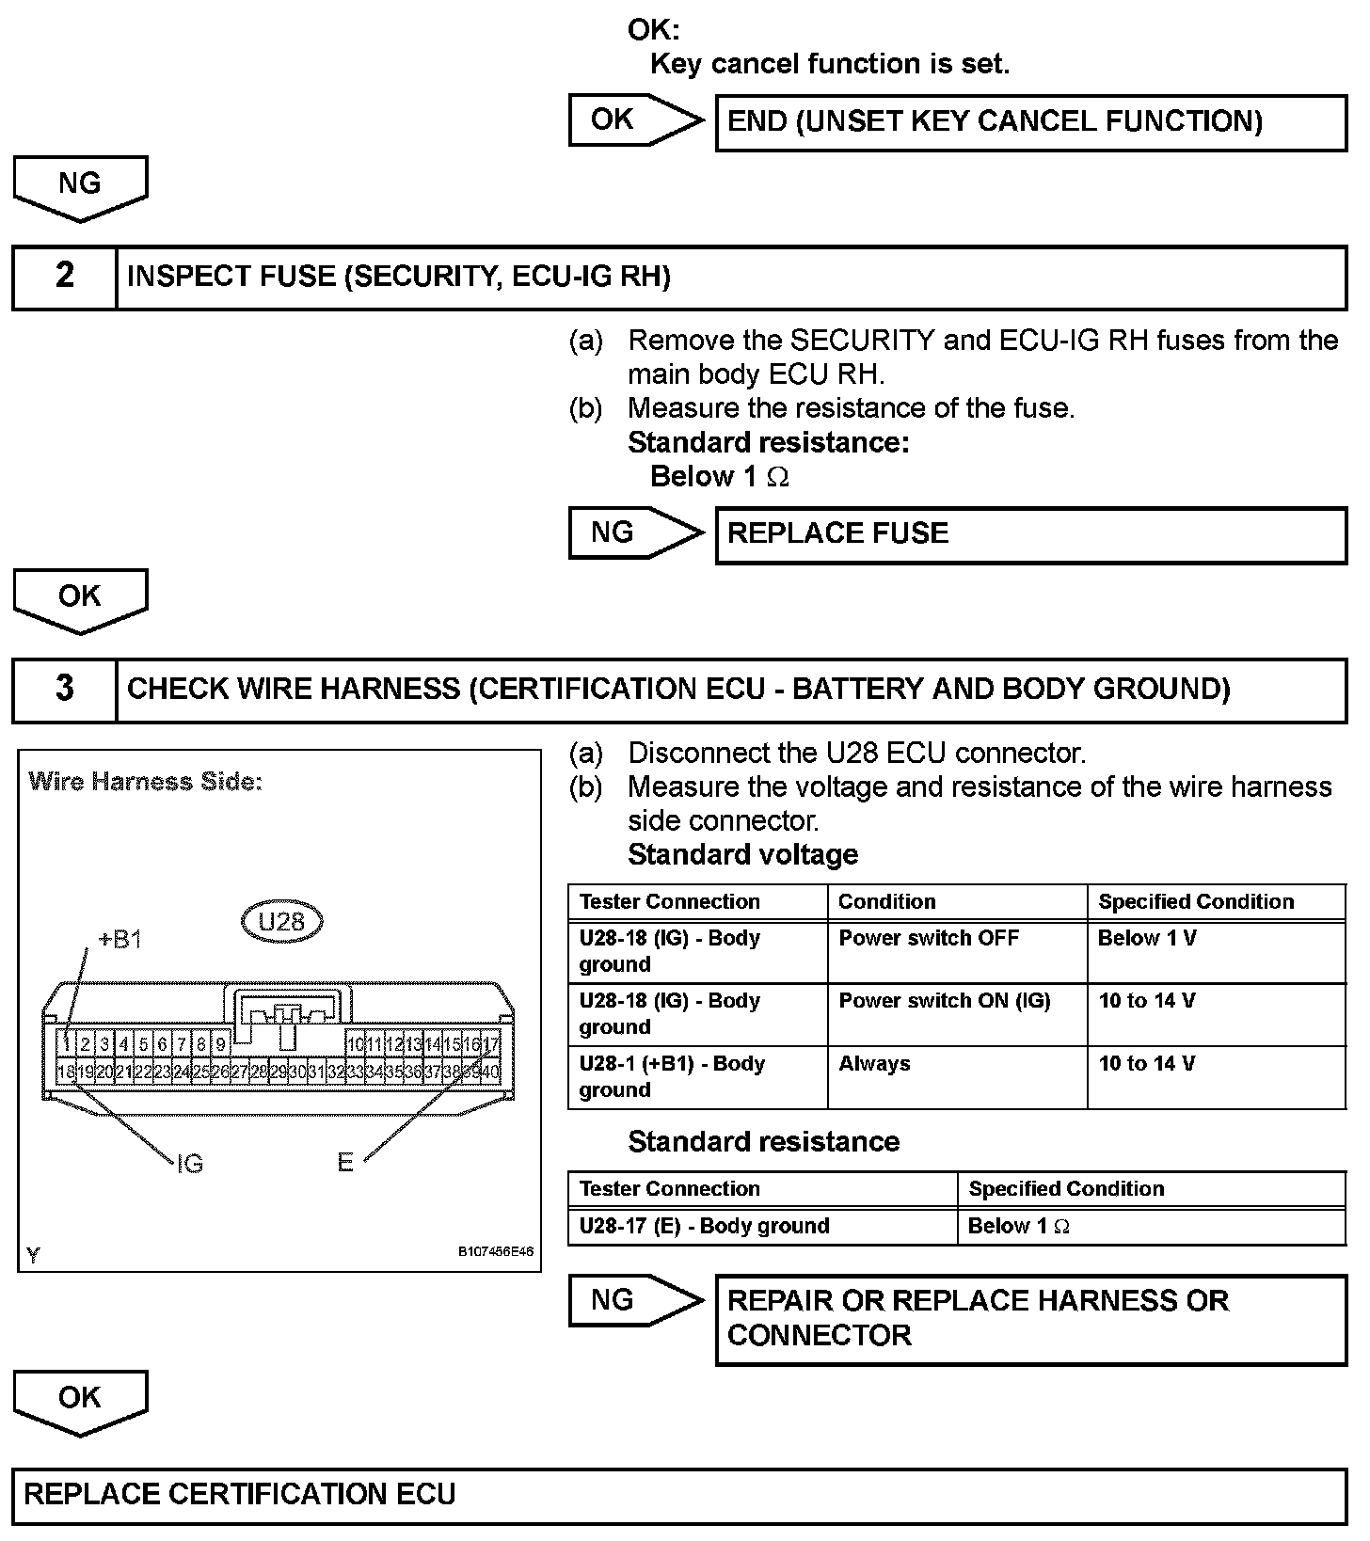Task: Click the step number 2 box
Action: click(64, 277)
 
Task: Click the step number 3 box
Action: click(64, 690)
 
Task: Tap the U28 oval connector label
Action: click(281, 922)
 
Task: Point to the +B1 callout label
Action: click(119, 940)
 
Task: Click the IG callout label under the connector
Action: click(190, 1165)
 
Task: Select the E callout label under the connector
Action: click(345, 1164)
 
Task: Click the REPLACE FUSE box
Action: click(1030, 534)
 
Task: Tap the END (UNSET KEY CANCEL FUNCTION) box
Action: click(1030, 122)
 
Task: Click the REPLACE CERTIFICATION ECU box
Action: click(679, 1495)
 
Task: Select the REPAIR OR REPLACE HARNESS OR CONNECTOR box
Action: click(1030, 1318)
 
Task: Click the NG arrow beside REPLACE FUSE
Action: click(635, 533)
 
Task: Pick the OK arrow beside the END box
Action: click(635, 120)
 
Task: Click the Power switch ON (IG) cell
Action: click(945, 1001)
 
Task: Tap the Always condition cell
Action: click(875, 1064)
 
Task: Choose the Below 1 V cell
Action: click(1147, 938)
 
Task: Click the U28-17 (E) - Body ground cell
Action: click(705, 1226)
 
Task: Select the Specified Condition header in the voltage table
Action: click(1196, 901)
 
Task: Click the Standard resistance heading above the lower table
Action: click(763, 1142)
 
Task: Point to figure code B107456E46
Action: click(496, 1252)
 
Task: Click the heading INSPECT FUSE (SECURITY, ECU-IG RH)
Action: click(399, 277)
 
